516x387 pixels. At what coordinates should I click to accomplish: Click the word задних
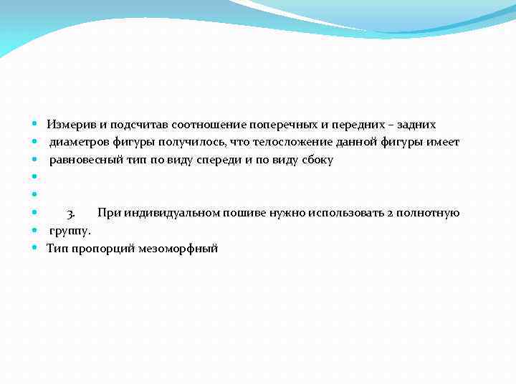pyautogui.click(x=417, y=125)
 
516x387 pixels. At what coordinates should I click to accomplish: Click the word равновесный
pyautogui.click(x=86, y=160)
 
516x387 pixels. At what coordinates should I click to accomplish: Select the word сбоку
pyautogui.click(x=317, y=160)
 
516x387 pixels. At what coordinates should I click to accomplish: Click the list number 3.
pyautogui.click(x=71, y=213)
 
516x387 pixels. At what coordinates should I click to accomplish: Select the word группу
pyautogui.click(x=70, y=231)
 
